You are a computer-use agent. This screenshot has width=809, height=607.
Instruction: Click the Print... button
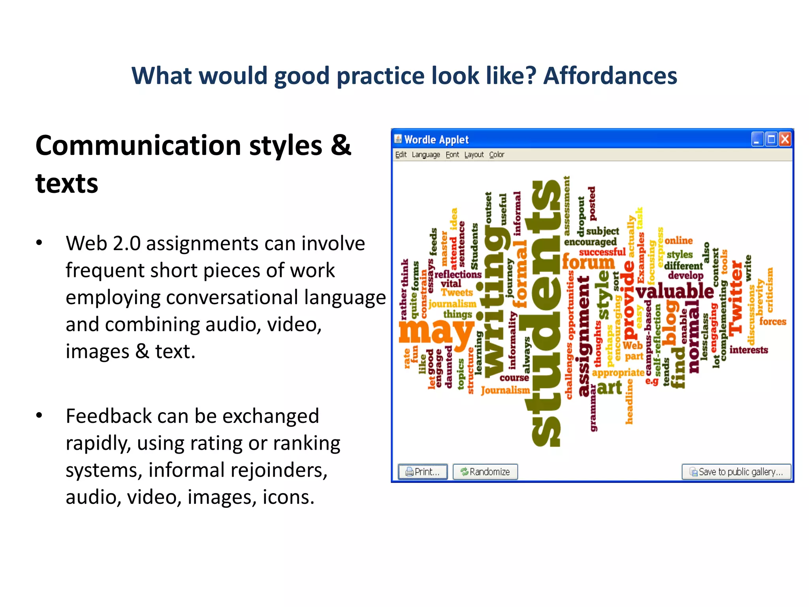pos(423,471)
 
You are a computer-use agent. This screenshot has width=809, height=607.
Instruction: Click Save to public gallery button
pos(736,471)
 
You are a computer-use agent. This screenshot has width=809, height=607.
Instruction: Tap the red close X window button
pos(785,139)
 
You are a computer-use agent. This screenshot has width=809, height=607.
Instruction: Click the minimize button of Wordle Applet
pos(757,139)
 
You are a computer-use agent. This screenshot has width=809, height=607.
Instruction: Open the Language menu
pos(425,155)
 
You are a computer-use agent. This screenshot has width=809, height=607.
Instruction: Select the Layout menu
pos(474,155)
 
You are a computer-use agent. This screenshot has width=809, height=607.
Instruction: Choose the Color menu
pos(497,155)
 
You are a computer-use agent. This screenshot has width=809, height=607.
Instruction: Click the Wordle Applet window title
pos(436,139)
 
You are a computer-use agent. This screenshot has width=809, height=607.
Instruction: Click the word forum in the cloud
pos(588,262)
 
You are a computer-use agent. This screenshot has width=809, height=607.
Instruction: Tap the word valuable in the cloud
pos(675,292)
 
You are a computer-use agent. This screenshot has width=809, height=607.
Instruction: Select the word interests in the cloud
pos(749,350)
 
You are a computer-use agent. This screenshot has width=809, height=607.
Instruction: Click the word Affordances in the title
pos(610,75)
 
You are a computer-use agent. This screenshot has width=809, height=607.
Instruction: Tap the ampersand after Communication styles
pos(341,145)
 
